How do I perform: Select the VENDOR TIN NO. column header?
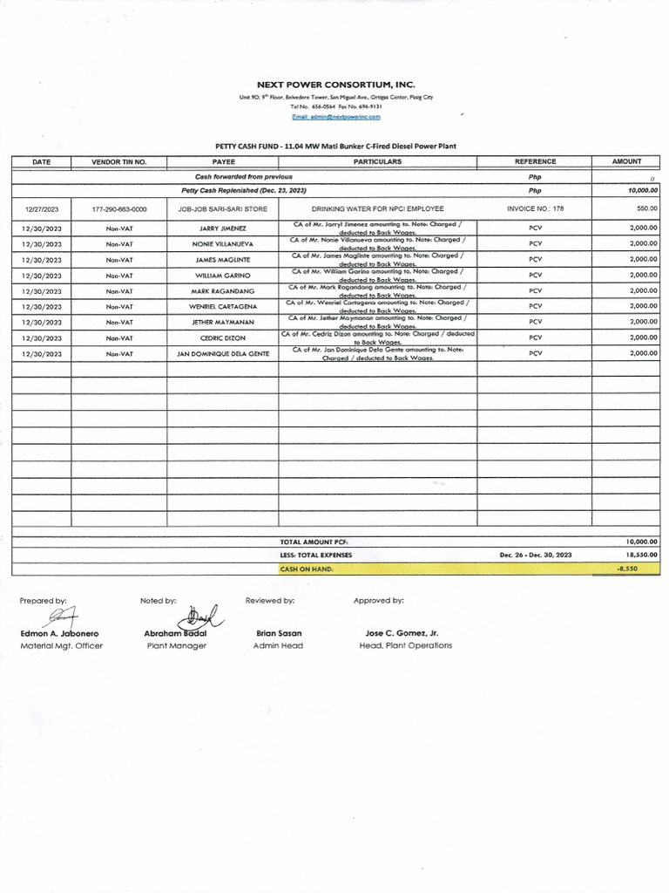click(x=119, y=161)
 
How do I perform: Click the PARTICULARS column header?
click(x=377, y=161)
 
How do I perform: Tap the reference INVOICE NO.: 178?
click(x=535, y=209)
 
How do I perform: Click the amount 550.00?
click(x=646, y=209)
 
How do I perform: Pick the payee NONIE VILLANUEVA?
click(x=223, y=244)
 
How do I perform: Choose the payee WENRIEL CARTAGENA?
click(x=223, y=307)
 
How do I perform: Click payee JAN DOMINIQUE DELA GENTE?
click(x=223, y=354)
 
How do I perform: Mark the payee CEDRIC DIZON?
click(x=223, y=338)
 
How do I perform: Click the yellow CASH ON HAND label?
click(x=307, y=569)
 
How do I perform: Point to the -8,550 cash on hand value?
click(x=628, y=569)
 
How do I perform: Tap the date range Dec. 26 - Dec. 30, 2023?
click(x=535, y=555)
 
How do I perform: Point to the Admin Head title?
click(x=278, y=646)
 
